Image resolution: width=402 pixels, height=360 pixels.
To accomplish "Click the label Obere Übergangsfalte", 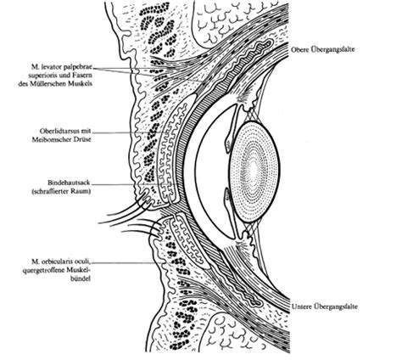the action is (322, 49).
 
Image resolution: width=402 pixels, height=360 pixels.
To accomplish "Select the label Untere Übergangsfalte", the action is (325, 307).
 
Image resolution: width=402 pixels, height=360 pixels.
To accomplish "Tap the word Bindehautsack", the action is (70, 183).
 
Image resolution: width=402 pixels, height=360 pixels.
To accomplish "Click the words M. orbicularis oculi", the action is (62, 262).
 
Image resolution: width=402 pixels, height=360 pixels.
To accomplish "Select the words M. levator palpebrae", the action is (62, 67).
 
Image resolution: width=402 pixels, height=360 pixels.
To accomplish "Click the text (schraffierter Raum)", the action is (61, 191).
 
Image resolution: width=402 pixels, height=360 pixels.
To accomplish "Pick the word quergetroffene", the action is (45, 270).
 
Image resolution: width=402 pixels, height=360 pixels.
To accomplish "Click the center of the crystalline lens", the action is (254, 172).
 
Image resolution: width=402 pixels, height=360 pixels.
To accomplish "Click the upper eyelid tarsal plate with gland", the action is (173, 150).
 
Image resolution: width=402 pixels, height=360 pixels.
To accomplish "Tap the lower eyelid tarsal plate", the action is (190, 241).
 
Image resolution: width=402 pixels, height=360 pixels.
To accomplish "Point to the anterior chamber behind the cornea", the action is (214, 170).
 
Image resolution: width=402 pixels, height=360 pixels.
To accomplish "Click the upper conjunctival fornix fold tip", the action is (271, 42).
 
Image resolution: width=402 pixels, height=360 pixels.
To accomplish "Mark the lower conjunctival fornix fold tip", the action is (260, 304).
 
